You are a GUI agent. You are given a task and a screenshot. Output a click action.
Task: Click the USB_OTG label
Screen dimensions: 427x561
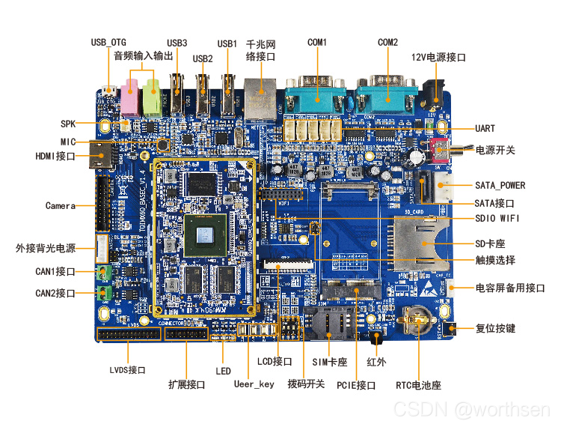click(109, 42)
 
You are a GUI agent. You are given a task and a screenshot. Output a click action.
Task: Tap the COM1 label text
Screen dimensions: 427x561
click(317, 43)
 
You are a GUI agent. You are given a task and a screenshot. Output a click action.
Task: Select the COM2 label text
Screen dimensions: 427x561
click(388, 43)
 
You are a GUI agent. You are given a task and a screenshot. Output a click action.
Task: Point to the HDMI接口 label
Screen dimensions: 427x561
click(55, 157)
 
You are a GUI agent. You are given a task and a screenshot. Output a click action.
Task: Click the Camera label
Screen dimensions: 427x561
click(60, 205)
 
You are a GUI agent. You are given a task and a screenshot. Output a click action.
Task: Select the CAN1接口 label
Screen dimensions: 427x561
click(55, 271)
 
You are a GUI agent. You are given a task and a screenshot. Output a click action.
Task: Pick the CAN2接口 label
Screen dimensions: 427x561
click(55, 293)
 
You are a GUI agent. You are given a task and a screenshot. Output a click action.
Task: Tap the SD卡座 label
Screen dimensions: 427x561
click(490, 243)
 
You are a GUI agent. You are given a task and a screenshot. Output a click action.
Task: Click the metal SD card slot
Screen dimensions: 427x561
click(420, 242)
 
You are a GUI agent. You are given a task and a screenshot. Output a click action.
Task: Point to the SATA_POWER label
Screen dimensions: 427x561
click(500, 185)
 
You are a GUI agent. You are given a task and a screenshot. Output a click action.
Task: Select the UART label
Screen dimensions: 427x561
click(485, 129)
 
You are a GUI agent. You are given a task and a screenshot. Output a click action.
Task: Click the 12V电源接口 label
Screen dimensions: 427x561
click(439, 58)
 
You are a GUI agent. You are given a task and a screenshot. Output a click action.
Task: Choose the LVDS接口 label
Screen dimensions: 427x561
click(127, 370)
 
